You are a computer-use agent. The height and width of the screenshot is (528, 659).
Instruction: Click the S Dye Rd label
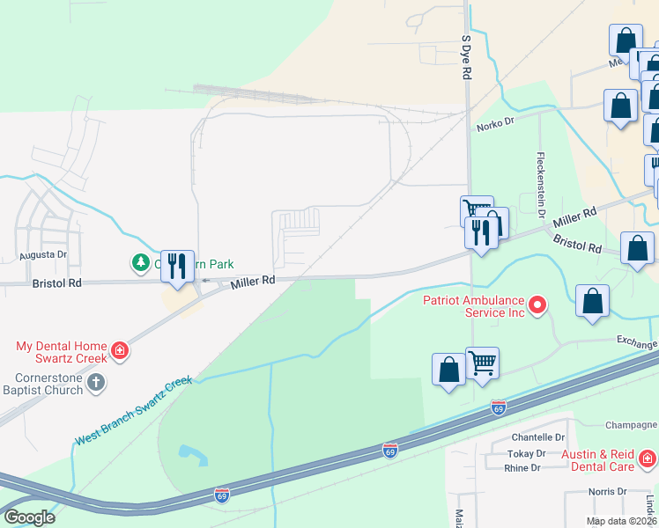(x=466, y=58)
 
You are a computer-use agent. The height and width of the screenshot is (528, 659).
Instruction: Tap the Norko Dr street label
(x=495, y=127)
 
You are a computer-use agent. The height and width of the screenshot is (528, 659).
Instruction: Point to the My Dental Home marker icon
(x=119, y=353)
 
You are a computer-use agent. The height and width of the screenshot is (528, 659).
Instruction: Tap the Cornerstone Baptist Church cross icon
(x=97, y=384)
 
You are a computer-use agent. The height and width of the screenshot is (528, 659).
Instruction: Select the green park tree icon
(x=140, y=262)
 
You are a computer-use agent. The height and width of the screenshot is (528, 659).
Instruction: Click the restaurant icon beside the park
(x=177, y=266)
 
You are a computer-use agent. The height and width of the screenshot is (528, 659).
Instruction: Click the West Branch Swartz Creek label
(x=133, y=411)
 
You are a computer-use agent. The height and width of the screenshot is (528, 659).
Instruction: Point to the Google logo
(x=29, y=517)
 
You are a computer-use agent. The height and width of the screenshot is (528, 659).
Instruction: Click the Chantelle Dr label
(x=537, y=437)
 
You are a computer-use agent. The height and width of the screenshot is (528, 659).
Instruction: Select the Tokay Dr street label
(x=527, y=453)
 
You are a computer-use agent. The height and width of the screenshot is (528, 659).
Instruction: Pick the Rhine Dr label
(x=523, y=468)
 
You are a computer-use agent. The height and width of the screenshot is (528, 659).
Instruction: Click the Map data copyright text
(x=622, y=521)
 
